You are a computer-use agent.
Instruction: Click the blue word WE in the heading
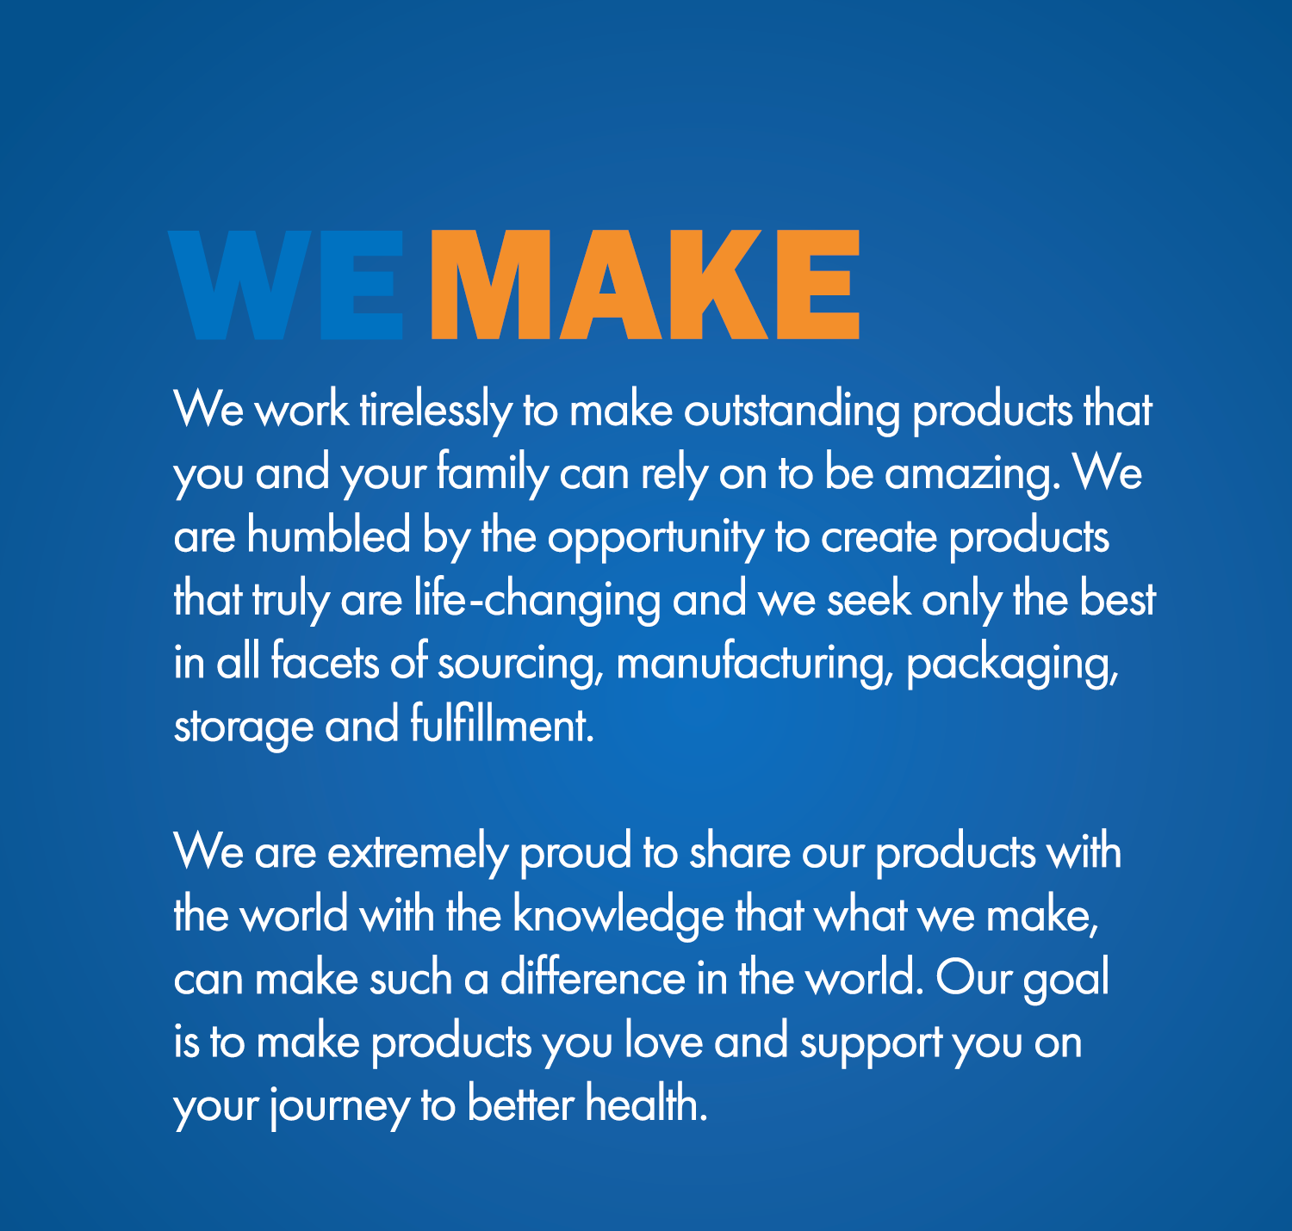[285, 284]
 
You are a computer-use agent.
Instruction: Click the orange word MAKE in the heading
[645, 284]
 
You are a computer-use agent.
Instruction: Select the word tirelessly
[436, 411]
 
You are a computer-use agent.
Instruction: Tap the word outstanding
[792, 411]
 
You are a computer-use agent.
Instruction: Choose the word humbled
[328, 536]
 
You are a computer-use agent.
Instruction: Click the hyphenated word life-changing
[537, 600]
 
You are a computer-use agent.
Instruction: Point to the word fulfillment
[502, 725]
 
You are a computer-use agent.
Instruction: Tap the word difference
[593, 978]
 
